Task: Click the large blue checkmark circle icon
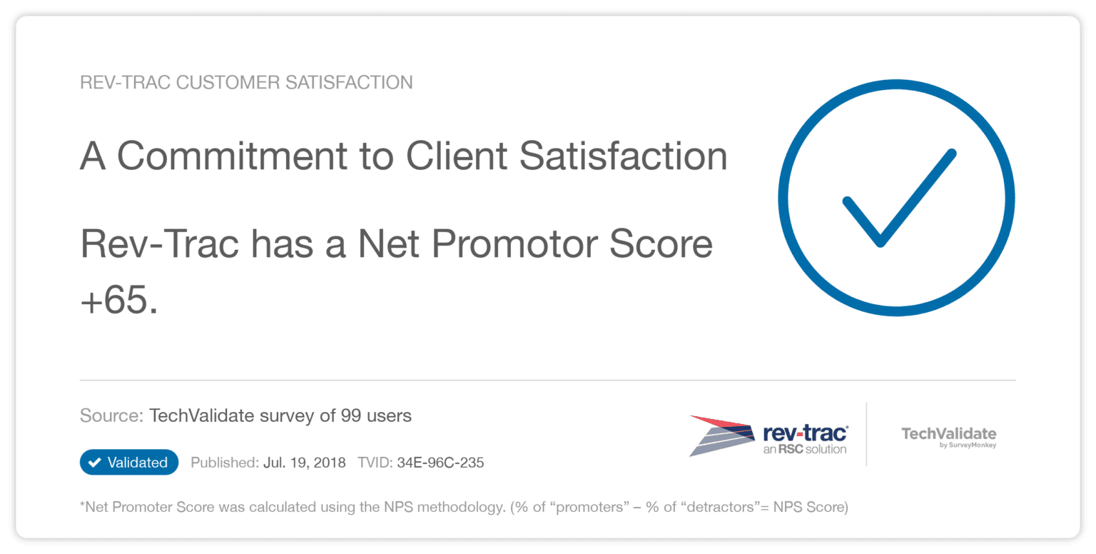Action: (x=896, y=198)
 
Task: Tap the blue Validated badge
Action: (x=129, y=463)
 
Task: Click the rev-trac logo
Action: (x=768, y=435)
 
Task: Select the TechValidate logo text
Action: (x=948, y=433)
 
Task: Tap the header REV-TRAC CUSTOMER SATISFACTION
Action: (x=246, y=83)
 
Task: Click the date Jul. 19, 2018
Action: (x=304, y=463)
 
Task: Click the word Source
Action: (x=111, y=415)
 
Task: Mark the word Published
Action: (x=224, y=463)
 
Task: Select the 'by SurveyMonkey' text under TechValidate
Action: (x=968, y=445)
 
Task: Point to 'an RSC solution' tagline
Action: (x=804, y=449)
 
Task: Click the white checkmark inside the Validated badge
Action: (x=94, y=463)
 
